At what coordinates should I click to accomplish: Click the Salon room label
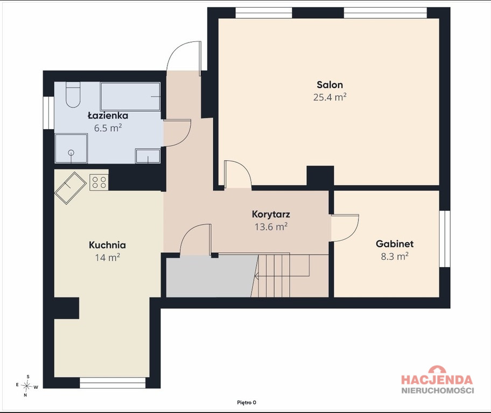[x=329, y=85]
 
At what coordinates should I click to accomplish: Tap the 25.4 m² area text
[x=329, y=97]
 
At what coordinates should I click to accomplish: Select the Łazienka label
[x=108, y=116]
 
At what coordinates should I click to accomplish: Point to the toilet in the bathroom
[x=73, y=95]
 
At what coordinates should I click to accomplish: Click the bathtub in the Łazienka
[x=130, y=96]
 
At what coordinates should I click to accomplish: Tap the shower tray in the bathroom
[x=71, y=148]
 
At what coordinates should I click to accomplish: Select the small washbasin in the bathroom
[x=148, y=156]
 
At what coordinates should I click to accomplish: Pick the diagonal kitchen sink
[x=71, y=188]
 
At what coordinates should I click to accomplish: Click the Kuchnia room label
[x=108, y=245]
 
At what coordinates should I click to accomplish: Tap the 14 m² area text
[x=108, y=258]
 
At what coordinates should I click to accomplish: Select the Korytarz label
[x=271, y=215]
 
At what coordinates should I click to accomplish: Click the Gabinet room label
[x=395, y=244]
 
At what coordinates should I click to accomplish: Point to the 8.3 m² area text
[x=395, y=257]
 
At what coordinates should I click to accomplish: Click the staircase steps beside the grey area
[x=289, y=275]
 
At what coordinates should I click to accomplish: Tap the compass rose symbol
[x=27, y=386]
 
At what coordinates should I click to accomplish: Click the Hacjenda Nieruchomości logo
[x=438, y=380]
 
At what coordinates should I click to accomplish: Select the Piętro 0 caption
[x=247, y=403]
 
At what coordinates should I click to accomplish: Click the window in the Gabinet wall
[x=445, y=239]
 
